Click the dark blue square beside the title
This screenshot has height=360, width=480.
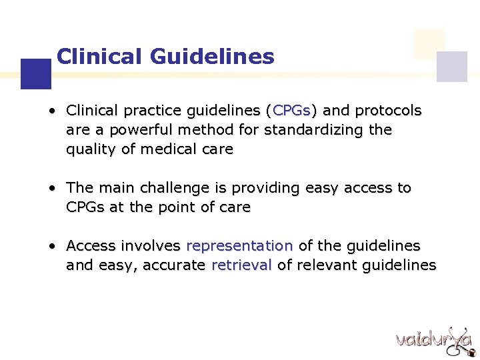tap(36, 74)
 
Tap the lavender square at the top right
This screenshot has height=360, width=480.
tap(452, 66)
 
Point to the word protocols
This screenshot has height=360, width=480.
tap(389, 110)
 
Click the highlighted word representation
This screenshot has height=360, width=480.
tap(239, 246)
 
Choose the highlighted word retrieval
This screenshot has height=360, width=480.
tap(241, 265)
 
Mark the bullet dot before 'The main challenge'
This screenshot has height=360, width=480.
tap(51, 188)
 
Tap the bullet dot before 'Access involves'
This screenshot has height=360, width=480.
tap(51, 246)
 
